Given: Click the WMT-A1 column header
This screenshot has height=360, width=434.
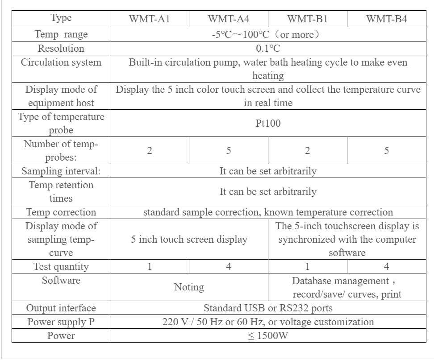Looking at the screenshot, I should (149, 19).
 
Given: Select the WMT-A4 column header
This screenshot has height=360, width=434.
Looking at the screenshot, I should (228, 19).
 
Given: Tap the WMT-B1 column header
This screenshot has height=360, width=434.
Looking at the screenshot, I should (307, 19).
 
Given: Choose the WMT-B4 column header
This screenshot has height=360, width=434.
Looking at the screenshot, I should (386, 19).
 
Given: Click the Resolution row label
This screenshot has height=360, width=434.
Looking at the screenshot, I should (61, 48).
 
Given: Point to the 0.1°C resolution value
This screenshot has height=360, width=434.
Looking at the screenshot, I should (268, 48).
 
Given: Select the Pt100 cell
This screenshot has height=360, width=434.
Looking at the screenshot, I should (268, 124).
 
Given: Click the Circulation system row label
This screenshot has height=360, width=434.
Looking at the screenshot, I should (61, 62).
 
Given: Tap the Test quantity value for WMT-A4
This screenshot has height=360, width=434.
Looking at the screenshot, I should (228, 267).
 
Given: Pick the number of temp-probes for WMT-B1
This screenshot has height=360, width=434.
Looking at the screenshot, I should (307, 151).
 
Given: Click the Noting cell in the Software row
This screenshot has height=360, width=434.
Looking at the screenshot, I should (189, 287).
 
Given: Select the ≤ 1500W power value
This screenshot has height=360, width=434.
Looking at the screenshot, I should (268, 335).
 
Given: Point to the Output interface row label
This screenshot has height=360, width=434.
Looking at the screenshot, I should (61, 308).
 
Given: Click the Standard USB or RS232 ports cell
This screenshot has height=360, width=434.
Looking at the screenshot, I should (268, 308).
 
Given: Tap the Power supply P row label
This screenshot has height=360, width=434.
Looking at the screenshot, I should (61, 322).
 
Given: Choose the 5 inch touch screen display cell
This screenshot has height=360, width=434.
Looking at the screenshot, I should (189, 240).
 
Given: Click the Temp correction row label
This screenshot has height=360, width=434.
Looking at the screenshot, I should (61, 212).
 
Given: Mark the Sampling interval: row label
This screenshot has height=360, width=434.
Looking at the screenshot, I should (61, 171).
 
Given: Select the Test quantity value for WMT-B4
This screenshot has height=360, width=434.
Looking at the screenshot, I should (386, 267).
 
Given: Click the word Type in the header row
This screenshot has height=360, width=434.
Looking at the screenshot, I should (61, 18).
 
